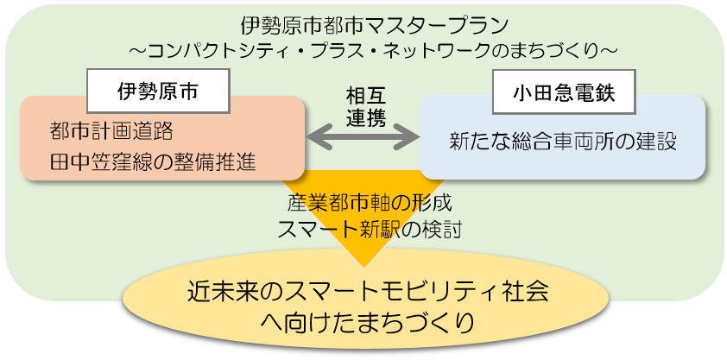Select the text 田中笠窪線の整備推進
pyautogui.click(x=153, y=161)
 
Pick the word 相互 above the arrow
pyautogui.click(x=365, y=93)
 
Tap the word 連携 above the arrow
pyautogui.click(x=365, y=116)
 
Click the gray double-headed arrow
pyautogui.click(x=363, y=136)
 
